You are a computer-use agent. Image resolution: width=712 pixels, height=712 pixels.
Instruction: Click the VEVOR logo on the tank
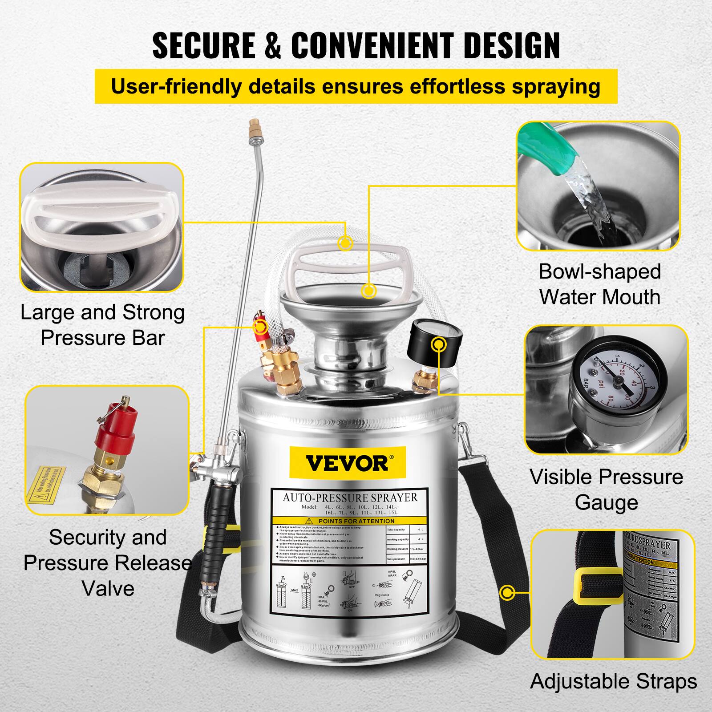tap(347, 463)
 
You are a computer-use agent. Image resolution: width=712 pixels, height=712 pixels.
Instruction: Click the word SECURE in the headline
tap(203, 45)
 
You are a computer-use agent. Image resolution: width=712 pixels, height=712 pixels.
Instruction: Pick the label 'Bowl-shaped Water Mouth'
tap(599, 284)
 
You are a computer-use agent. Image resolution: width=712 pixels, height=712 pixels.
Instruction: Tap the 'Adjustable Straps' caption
tap(614, 682)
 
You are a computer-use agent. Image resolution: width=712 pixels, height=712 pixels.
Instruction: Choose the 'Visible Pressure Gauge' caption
tap(606, 489)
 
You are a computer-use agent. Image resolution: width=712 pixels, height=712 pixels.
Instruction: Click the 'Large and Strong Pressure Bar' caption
tap(103, 325)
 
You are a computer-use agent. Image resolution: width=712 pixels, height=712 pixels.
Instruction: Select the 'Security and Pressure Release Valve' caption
tap(108, 563)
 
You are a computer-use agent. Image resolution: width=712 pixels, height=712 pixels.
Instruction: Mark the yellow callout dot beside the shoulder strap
tap(507, 593)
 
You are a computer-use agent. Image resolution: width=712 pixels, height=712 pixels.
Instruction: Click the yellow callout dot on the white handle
tap(345, 243)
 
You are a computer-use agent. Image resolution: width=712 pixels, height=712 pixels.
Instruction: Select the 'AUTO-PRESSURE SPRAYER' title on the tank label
tap(350, 498)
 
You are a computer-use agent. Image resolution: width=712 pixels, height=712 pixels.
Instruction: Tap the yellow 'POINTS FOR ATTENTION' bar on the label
tap(350, 521)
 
